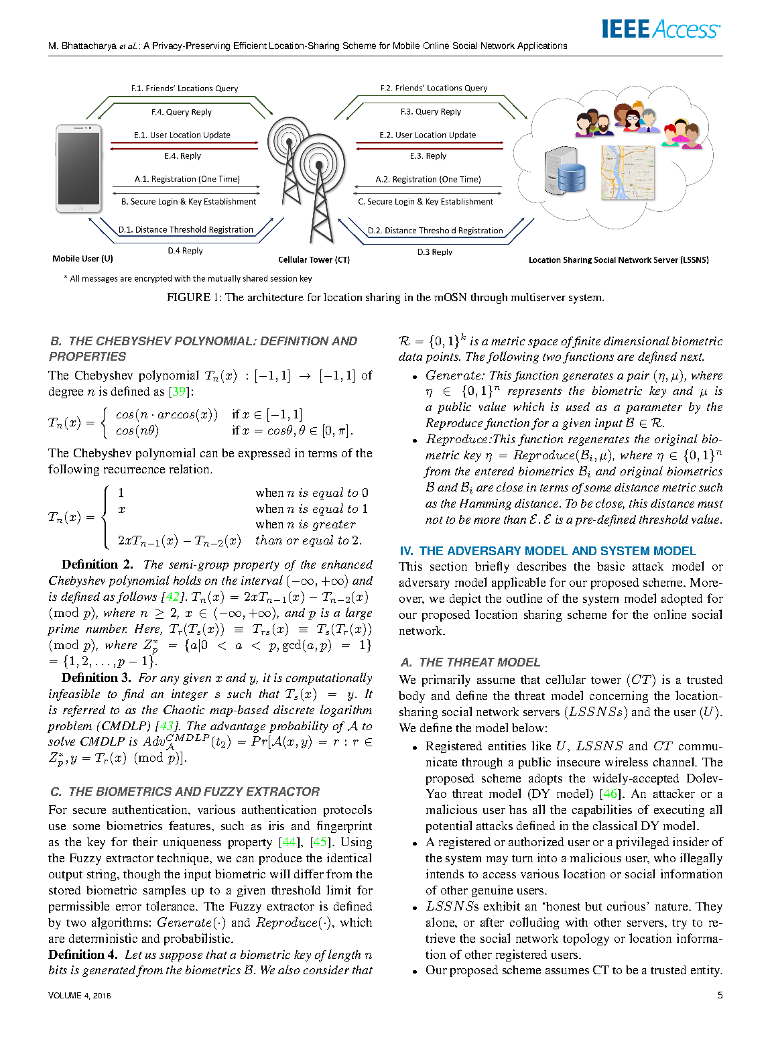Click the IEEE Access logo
(660, 29)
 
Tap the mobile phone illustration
(79, 168)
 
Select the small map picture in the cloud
(627, 173)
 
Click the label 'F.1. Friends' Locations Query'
(184, 89)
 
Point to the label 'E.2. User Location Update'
(428, 135)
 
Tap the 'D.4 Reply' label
(185, 251)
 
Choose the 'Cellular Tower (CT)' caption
(314, 259)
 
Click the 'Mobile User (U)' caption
(82, 259)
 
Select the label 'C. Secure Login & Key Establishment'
(426, 202)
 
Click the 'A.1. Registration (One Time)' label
(187, 179)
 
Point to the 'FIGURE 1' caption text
(385, 297)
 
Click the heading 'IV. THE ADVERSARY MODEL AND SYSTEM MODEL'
(548, 551)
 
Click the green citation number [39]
(179, 392)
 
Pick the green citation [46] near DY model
(610, 794)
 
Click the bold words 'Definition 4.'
(82, 954)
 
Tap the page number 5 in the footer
(720, 996)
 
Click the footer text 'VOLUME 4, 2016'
(79, 996)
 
